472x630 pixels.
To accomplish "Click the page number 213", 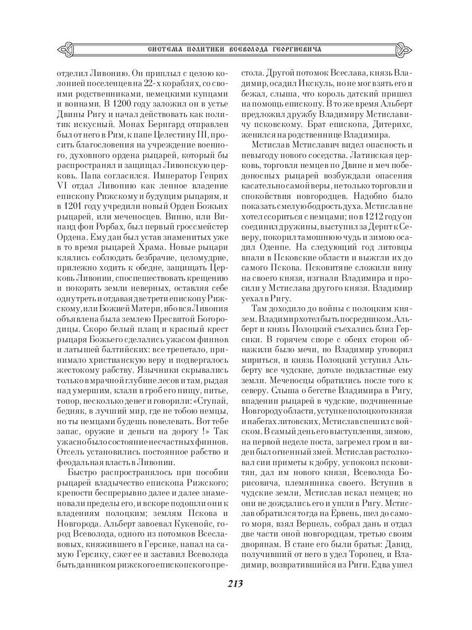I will (x=236, y=584).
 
